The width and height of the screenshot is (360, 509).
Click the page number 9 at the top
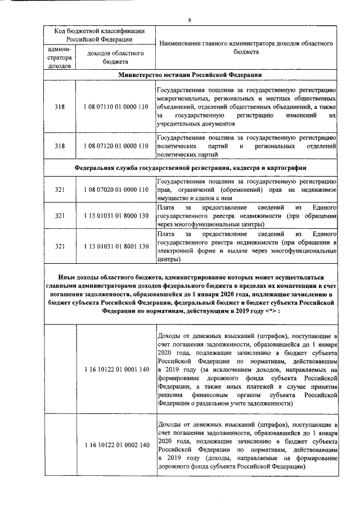click(x=190, y=20)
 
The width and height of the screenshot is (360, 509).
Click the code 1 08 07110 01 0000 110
click(x=115, y=107)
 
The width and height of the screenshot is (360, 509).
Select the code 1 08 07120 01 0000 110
click(x=115, y=146)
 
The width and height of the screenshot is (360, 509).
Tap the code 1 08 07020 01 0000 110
click(x=115, y=190)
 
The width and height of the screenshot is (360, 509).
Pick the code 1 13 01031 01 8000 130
click(x=115, y=216)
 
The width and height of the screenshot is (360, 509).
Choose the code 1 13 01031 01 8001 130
click(x=115, y=246)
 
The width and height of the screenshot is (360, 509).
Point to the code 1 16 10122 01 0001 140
click(x=115, y=369)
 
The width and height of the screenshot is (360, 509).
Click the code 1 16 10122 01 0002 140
click(x=115, y=445)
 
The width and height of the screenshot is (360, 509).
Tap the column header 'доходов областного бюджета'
click(x=115, y=58)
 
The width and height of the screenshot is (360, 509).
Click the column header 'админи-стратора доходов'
click(x=60, y=58)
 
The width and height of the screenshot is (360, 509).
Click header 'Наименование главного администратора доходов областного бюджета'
click(x=246, y=47)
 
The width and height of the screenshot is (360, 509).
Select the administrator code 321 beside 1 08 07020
click(x=60, y=190)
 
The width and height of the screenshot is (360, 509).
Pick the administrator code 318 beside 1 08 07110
click(x=60, y=107)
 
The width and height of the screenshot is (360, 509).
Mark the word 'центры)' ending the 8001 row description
click(x=169, y=260)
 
